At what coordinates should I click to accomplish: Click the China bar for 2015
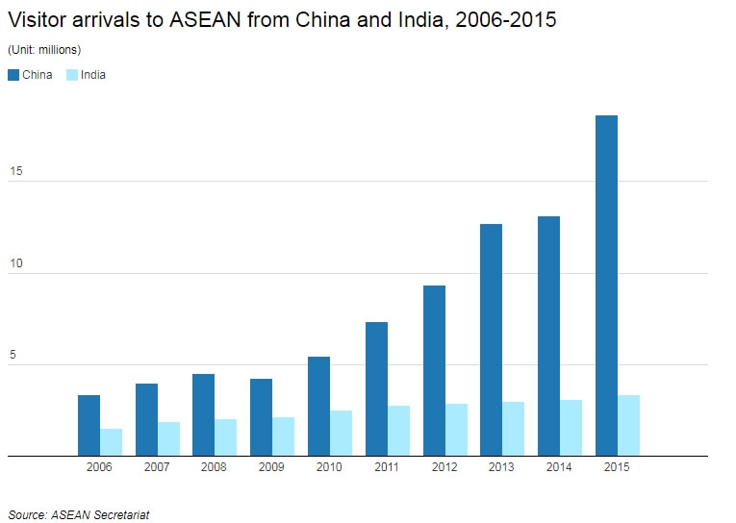point(606,286)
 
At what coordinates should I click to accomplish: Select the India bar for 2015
point(629,425)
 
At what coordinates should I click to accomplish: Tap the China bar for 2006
point(89,425)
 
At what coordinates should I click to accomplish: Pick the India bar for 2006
point(112,442)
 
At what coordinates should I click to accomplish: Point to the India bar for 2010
point(342,433)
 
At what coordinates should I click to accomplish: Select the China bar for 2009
point(261,417)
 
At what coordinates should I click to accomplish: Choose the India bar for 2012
point(456,430)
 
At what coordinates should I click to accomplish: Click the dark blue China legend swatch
point(13,75)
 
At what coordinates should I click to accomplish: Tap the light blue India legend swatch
point(72,75)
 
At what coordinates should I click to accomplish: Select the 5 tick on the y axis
point(13,355)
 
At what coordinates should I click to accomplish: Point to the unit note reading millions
point(59,49)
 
